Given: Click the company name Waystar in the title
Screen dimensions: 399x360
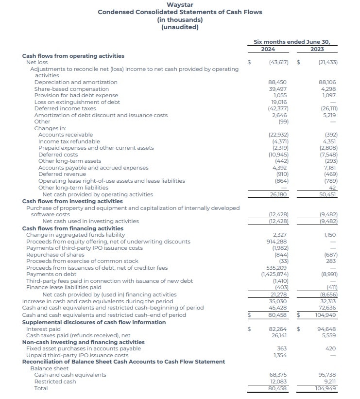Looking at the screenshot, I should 180,5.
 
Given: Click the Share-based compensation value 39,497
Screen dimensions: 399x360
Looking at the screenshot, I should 278,89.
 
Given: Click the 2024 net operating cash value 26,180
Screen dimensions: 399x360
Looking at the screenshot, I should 279,194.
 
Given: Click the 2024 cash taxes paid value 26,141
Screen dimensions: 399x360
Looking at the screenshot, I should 278,335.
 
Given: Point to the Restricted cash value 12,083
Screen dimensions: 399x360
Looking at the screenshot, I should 278,382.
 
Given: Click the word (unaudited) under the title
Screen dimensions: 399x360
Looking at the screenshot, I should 180,27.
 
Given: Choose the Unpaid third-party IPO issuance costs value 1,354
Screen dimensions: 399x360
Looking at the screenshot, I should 280,355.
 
